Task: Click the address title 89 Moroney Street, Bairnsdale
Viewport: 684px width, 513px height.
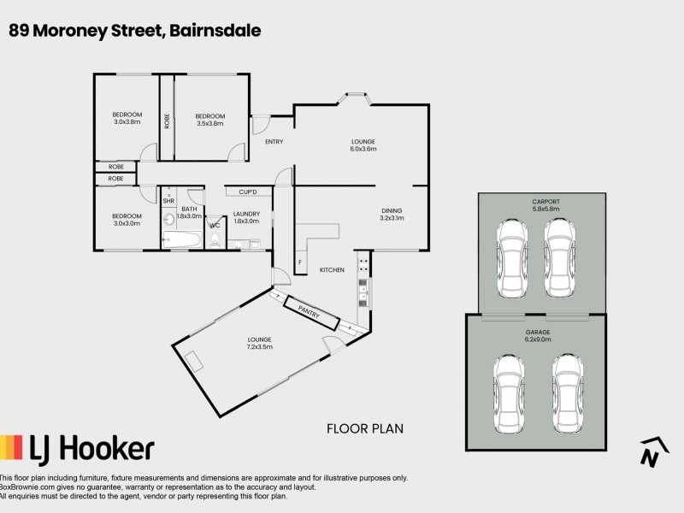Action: (x=135, y=31)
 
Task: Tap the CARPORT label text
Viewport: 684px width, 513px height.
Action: (x=545, y=202)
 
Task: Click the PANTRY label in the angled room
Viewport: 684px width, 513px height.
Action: (x=309, y=314)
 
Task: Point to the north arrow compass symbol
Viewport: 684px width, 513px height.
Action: (x=653, y=453)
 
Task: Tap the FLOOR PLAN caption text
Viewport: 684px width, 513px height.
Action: (x=365, y=427)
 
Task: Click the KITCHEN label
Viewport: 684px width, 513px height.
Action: (x=332, y=270)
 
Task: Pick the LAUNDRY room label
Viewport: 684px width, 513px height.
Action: (x=246, y=216)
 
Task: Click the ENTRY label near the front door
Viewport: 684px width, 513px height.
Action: (x=274, y=142)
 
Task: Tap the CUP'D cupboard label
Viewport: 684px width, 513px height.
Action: (x=249, y=192)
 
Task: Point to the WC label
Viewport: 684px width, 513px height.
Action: (x=215, y=226)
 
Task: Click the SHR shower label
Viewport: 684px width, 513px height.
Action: (x=168, y=201)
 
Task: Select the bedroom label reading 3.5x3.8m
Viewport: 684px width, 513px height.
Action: (x=209, y=120)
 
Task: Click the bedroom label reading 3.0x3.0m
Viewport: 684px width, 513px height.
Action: (x=126, y=220)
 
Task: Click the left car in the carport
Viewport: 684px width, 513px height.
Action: (x=512, y=255)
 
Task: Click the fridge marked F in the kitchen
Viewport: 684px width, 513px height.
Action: (x=300, y=262)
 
